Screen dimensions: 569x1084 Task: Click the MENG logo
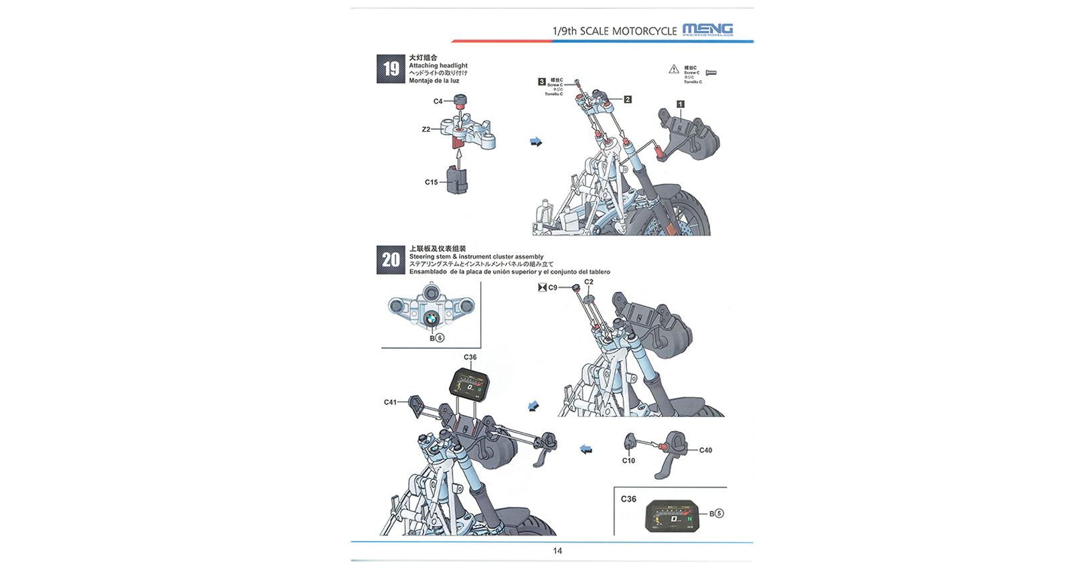[707, 29]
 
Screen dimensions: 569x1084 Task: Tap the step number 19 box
[391, 69]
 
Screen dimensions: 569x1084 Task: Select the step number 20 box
[391, 260]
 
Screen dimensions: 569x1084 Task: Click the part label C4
[438, 102]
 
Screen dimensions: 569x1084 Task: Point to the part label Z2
[426, 130]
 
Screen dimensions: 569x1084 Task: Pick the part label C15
[431, 182]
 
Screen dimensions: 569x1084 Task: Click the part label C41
[390, 402]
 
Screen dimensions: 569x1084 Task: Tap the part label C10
[628, 461]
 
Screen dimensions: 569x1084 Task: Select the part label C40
[705, 451]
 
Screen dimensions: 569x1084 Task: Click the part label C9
[553, 288]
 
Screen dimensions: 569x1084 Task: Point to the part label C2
[588, 282]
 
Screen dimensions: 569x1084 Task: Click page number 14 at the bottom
[557, 551]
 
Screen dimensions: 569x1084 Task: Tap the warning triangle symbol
[674, 70]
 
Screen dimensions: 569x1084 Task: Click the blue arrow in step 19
[536, 142]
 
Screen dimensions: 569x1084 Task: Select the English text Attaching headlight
[438, 66]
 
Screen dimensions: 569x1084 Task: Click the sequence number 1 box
[681, 104]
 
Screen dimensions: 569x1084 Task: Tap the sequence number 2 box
[628, 100]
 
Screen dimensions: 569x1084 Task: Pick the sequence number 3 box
[542, 82]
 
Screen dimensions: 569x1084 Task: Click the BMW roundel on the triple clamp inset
[432, 321]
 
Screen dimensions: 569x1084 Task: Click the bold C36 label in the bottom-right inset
[628, 499]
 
